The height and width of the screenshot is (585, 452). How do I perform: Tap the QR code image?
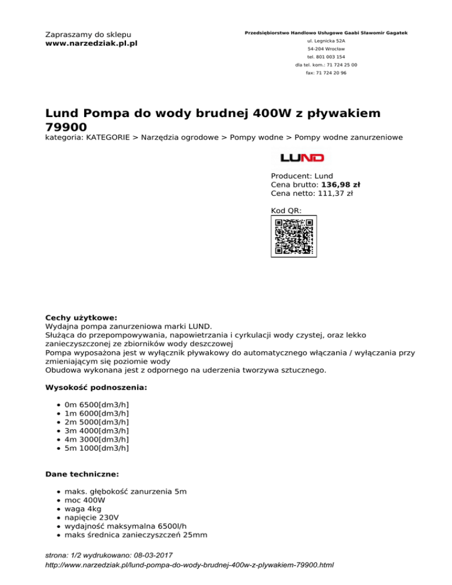(294, 236)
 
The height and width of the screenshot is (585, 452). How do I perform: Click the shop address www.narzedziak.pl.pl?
(91, 44)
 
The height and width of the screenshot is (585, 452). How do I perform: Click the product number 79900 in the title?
(67, 127)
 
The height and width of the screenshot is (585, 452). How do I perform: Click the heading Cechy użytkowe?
(81, 317)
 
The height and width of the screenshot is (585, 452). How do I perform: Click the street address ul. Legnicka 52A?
(326, 41)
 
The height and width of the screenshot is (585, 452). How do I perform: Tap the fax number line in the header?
(326, 73)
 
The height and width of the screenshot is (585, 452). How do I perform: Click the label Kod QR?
(286, 210)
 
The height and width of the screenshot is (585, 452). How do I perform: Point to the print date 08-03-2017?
(149, 555)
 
